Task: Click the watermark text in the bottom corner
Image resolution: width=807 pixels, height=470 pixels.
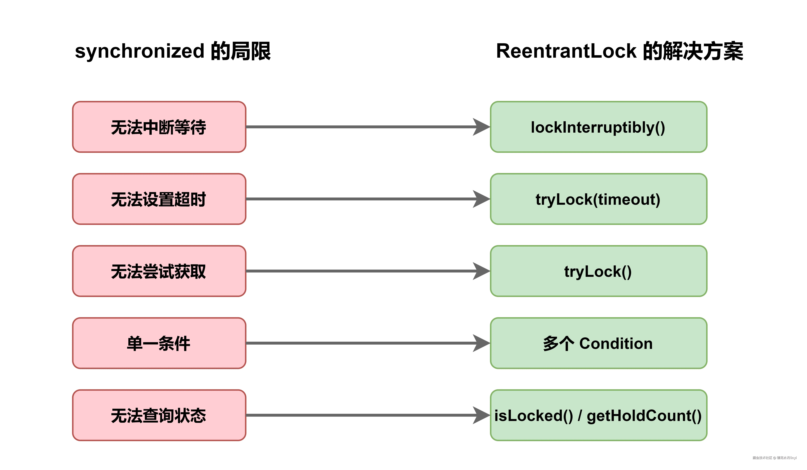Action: point(774,458)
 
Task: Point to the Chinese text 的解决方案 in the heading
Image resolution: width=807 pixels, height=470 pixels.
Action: point(693,51)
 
